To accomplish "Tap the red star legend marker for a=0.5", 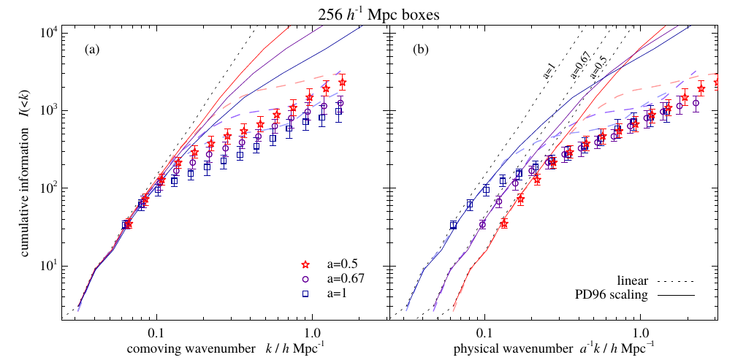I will pyautogui.click(x=308, y=264).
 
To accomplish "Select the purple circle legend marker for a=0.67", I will pyautogui.click(x=308, y=279).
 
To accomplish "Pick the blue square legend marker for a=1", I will pyautogui.click(x=308, y=294).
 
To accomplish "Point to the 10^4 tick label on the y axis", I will pyautogui.click(x=47, y=34).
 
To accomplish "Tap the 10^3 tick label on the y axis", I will pyautogui.click(x=47, y=111).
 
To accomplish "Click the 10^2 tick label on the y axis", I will pyautogui.click(x=47, y=188).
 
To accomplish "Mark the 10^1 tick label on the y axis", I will pyautogui.click(x=47, y=266).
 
